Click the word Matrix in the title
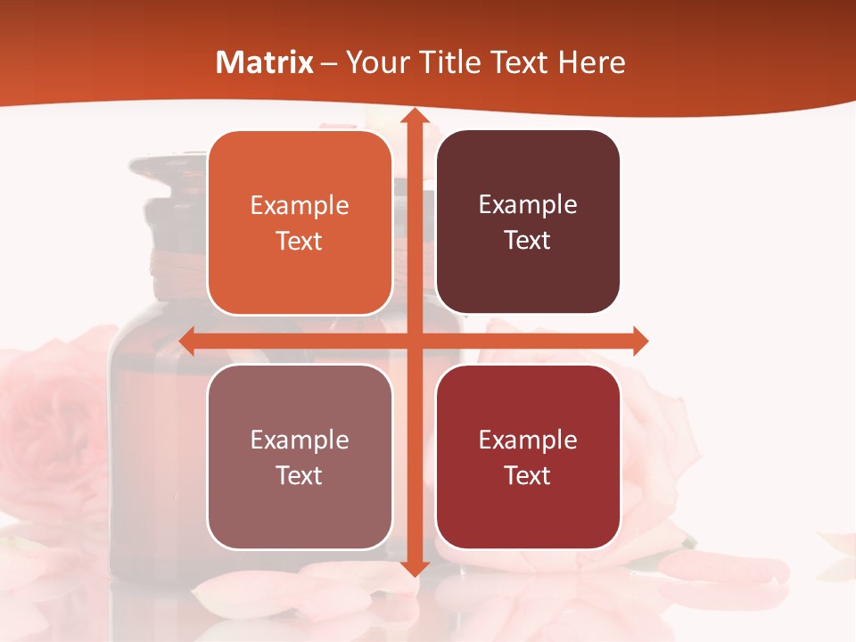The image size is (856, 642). point(265,62)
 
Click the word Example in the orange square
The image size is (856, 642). point(300,206)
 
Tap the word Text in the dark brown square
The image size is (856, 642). point(528,241)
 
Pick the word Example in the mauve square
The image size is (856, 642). point(300,440)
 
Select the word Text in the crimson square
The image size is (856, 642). point(528,475)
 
